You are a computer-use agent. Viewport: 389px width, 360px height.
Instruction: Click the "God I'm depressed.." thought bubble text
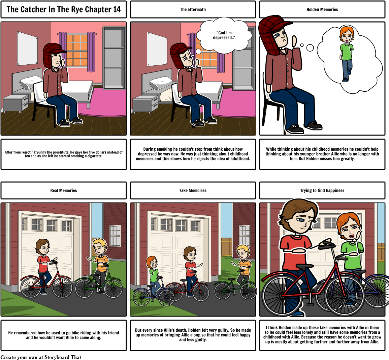224,35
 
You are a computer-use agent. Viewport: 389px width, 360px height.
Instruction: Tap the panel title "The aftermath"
193,9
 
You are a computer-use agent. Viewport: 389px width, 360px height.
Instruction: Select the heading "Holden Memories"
322,9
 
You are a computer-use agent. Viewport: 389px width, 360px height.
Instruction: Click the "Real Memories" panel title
64,190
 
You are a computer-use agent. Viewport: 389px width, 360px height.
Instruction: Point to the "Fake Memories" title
193,190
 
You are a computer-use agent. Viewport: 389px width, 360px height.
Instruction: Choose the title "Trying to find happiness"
322,190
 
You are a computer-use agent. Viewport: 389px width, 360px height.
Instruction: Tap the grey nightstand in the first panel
16,103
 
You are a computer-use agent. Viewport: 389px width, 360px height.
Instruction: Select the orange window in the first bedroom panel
77,51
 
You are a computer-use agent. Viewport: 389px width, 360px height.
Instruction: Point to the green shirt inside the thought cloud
347,51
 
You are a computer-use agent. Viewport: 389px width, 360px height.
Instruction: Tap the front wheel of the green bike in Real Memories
114,289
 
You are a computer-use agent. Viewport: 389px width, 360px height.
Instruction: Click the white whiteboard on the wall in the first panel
27,49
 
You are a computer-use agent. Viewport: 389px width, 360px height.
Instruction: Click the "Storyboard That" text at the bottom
63,357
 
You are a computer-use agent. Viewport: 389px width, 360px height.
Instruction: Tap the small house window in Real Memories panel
115,235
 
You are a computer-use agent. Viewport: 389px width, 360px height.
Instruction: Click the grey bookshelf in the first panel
114,58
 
